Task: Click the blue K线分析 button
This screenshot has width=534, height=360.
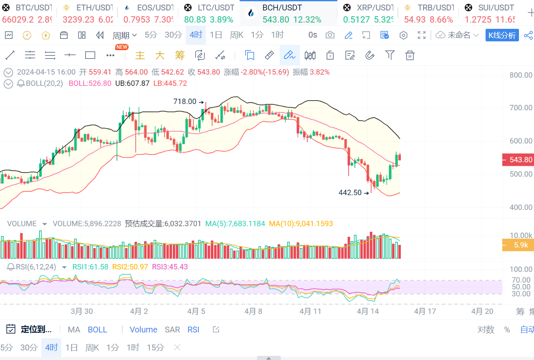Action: [502, 35]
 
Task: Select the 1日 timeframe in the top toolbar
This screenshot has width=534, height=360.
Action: [216, 35]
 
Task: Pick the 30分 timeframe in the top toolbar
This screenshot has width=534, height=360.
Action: [173, 35]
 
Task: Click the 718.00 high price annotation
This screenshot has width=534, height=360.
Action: [185, 101]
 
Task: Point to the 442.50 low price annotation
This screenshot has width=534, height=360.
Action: [350, 193]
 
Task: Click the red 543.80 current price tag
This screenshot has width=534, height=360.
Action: [518, 160]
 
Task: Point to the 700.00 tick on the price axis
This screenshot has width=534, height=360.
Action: [521, 108]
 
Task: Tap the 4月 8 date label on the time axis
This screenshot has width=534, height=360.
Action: [253, 311]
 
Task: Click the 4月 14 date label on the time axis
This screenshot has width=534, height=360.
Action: [368, 311]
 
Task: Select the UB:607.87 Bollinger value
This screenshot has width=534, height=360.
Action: [132, 84]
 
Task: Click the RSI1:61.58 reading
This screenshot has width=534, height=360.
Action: [90, 267]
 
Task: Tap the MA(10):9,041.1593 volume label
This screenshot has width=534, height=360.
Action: [301, 224]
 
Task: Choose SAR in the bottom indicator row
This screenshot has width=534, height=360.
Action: [172, 330]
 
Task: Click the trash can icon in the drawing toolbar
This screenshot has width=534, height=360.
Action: [410, 55]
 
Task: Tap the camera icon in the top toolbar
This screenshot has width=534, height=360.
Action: [330, 35]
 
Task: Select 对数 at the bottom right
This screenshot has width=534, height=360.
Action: [486, 330]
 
